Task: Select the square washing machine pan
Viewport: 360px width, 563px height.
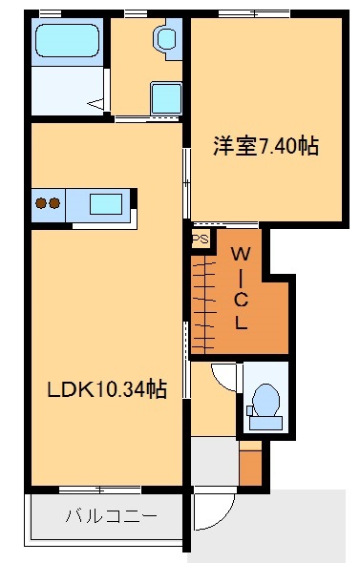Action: (165, 97)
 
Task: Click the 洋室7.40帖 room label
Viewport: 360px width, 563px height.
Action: (265, 147)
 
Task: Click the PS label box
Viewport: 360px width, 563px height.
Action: (200, 240)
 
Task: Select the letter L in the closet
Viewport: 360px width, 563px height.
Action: (243, 323)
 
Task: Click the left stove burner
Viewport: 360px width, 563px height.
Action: (41, 202)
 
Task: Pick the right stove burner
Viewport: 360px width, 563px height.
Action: (55, 202)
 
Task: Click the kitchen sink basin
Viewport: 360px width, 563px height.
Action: (105, 203)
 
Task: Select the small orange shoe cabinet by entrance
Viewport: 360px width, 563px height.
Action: (250, 466)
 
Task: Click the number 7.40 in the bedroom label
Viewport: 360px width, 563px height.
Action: (281, 147)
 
